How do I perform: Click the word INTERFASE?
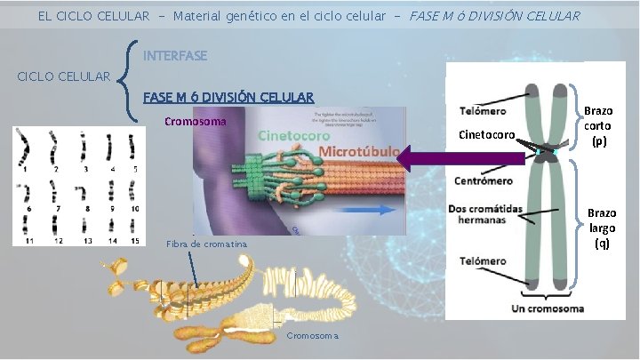[x=175, y=56]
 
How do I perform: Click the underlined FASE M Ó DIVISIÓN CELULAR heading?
[x=228, y=97]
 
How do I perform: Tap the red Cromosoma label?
[x=196, y=122]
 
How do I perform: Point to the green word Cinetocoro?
[x=294, y=136]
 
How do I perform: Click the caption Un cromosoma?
[x=548, y=308]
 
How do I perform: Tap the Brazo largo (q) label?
[x=602, y=228]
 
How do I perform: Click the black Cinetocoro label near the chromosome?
[x=485, y=135]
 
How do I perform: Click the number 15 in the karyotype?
[x=133, y=241]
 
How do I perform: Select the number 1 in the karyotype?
[x=26, y=168]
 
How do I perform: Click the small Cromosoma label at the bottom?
[x=314, y=336]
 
